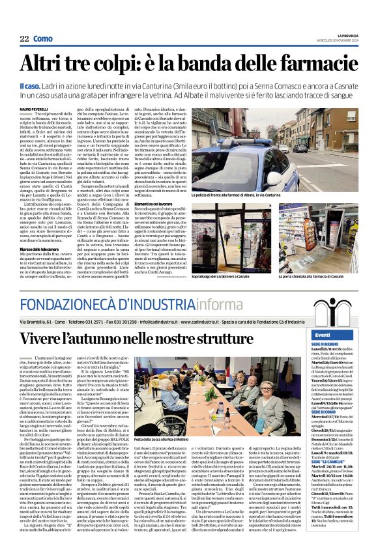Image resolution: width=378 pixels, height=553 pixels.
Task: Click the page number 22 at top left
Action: pos(23,39)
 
